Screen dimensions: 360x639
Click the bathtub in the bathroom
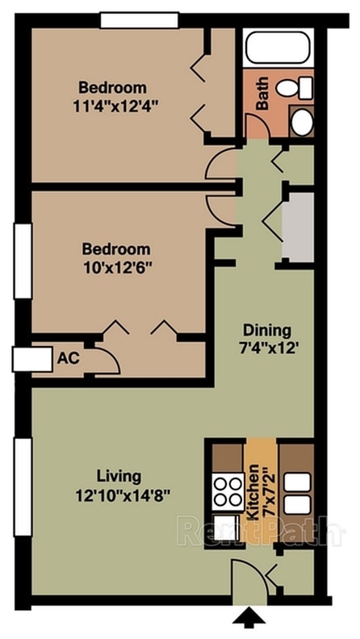pyautogui.click(x=278, y=48)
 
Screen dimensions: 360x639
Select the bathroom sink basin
pyautogui.click(x=302, y=122)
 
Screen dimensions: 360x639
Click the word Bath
pyautogui.click(x=262, y=94)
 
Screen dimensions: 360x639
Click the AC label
pyautogui.click(x=68, y=358)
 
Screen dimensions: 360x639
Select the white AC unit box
pyautogui.click(x=32, y=359)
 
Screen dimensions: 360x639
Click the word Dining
pyautogui.click(x=267, y=330)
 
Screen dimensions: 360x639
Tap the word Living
pyautogui.click(x=119, y=475)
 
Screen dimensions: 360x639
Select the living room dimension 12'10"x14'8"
pyautogui.click(x=123, y=495)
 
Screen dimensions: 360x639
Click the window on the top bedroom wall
pyautogui.click(x=140, y=20)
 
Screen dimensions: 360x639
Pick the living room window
pyautogui.click(x=23, y=487)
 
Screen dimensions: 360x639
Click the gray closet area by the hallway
pyautogui.click(x=299, y=228)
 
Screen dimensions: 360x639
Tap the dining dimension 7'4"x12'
pyautogui.click(x=267, y=349)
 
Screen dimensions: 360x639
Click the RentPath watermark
pyautogui.click(x=261, y=531)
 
